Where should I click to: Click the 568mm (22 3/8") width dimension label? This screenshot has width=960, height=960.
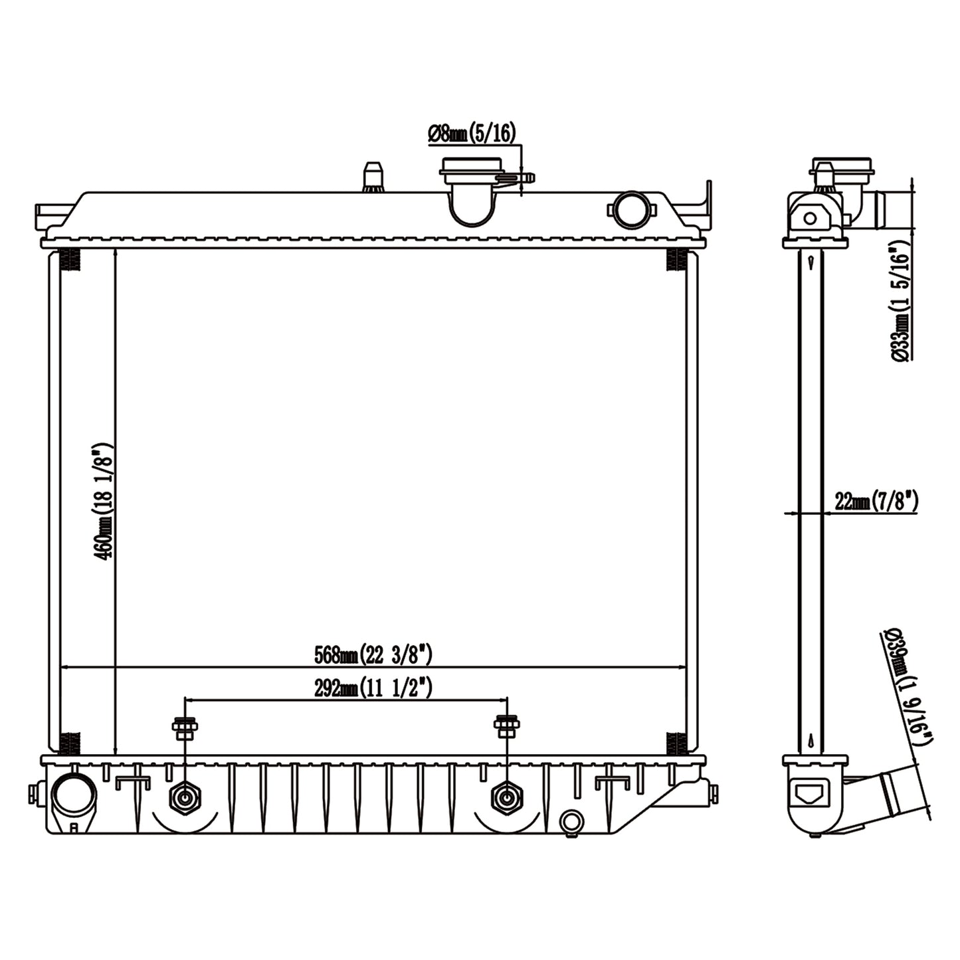pyautogui.click(x=373, y=655)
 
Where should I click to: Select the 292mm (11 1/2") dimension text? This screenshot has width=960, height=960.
pyautogui.click(x=373, y=688)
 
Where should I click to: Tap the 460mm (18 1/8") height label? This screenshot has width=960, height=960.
pyautogui.click(x=104, y=502)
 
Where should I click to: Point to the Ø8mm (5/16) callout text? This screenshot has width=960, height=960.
pyautogui.click(x=471, y=134)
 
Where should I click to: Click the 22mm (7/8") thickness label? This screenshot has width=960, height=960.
pyautogui.click(x=876, y=502)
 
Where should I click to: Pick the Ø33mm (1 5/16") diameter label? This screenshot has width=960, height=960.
pyautogui.click(x=901, y=301)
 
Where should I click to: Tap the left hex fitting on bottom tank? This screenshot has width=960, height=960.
pyautogui.click(x=183, y=797)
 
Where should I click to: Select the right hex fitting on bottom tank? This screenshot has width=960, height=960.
pyautogui.click(x=507, y=797)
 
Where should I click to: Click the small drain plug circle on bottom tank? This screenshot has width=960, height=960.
pyautogui.click(x=570, y=822)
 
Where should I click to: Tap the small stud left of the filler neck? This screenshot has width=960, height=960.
pyautogui.click(x=373, y=177)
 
